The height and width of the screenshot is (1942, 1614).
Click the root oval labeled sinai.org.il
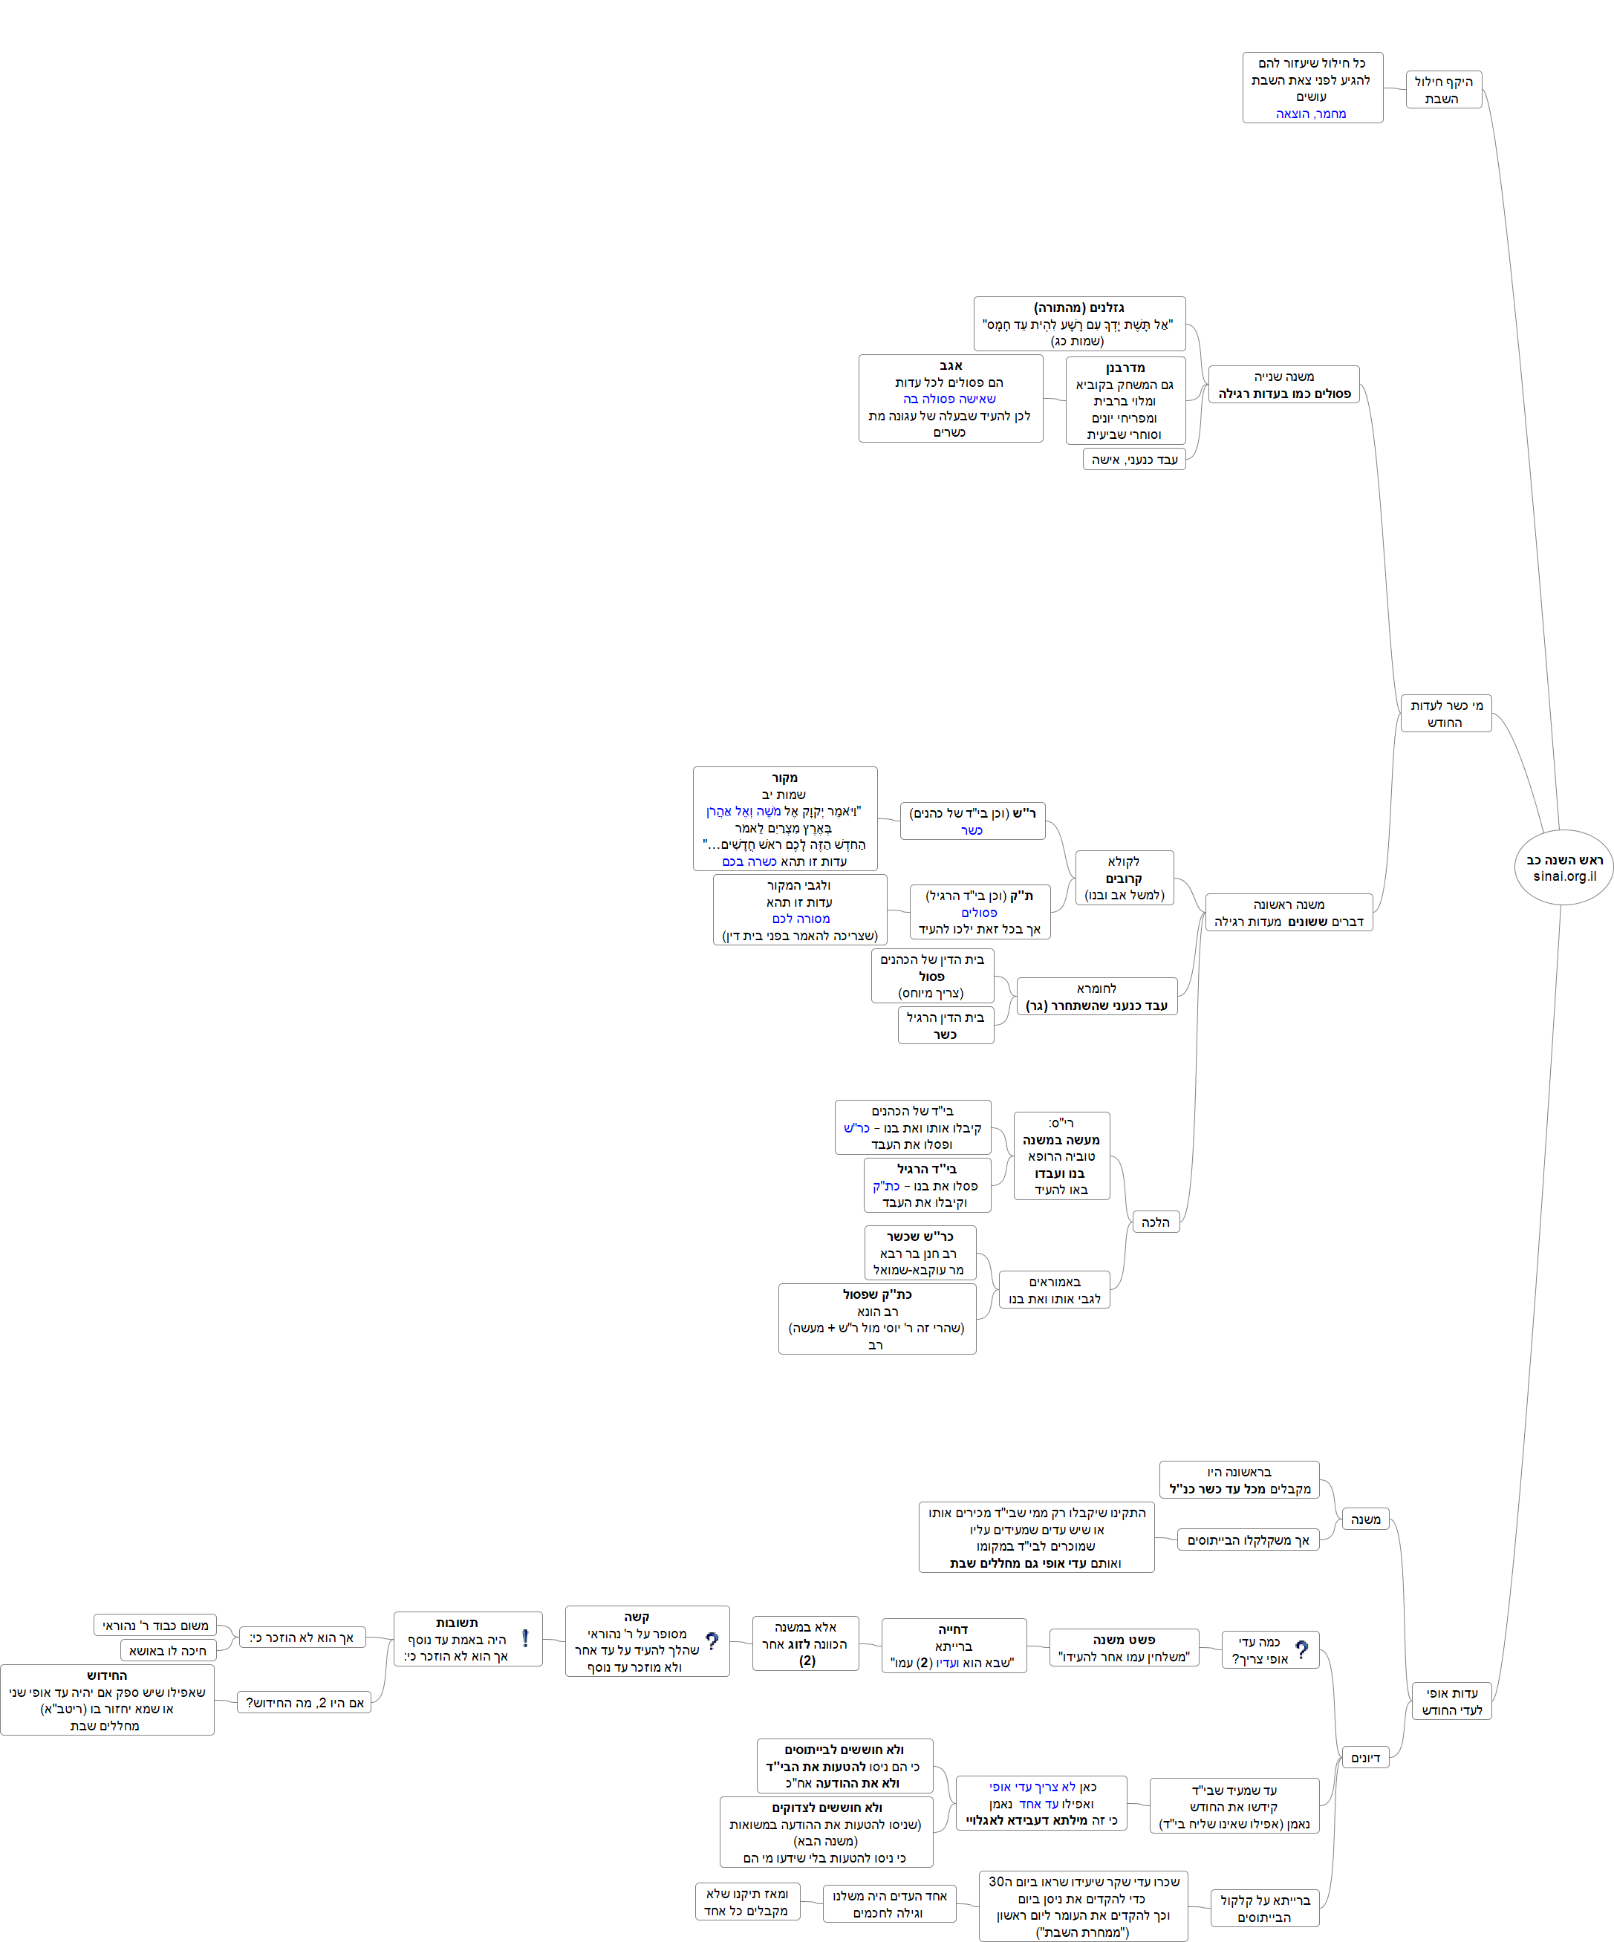(x=1563, y=867)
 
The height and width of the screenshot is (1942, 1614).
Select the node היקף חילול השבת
(x=1443, y=90)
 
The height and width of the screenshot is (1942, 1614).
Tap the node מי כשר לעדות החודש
(x=1445, y=713)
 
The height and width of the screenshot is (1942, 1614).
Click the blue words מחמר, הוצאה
(x=1311, y=114)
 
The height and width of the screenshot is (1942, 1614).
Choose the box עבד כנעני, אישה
(x=1134, y=460)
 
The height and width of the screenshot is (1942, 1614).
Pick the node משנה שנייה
(x=1283, y=385)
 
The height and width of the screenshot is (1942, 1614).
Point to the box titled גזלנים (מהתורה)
(x=1078, y=324)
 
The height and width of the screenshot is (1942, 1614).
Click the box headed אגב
(x=950, y=399)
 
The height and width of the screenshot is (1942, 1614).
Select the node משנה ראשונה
(x=1289, y=913)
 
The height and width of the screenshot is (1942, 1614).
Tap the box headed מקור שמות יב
(x=784, y=818)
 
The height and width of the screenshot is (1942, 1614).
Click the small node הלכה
(x=1155, y=1222)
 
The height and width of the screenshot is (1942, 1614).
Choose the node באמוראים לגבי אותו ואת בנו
(x=1055, y=1290)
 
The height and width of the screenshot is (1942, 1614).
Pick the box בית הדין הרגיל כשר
(x=946, y=1026)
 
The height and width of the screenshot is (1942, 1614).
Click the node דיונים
(x=1365, y=1758)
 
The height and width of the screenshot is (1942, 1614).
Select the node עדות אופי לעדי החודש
(x=1451, y=1701)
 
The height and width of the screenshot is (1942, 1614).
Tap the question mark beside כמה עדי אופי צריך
(x=1302, y=1650)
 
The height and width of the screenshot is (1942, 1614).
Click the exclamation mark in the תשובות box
(x=525, y=1639)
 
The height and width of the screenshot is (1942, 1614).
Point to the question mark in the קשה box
(x=712, y=1641)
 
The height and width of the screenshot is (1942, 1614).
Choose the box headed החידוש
(x=107, y=1700)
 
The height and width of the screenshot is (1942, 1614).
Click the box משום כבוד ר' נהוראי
(x=154, y=1626)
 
